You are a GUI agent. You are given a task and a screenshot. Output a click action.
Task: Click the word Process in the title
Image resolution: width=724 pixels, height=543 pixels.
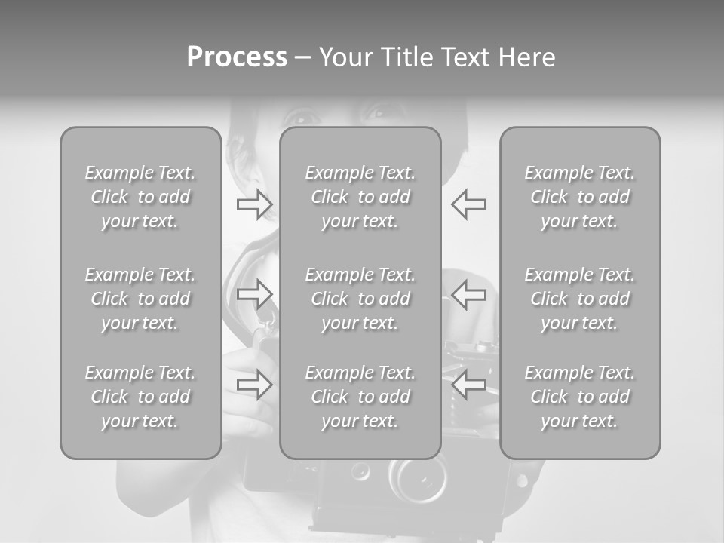(237, 57)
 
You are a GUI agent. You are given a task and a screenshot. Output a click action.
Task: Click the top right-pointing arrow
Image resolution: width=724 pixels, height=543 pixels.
(255, 204)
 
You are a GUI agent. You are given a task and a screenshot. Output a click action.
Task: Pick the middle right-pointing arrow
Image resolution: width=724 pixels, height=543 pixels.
(255, 294)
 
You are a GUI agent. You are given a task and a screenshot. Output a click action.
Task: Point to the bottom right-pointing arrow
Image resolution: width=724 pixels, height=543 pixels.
(255, 384)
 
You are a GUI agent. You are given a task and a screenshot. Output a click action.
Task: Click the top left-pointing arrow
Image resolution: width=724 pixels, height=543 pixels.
(468, 204)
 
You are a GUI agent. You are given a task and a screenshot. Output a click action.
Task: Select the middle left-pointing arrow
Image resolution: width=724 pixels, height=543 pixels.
(468, 294)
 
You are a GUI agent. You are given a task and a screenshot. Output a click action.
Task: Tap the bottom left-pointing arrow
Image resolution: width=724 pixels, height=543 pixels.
(468, 384)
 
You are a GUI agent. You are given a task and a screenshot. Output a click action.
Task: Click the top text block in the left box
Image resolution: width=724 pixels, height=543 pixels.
(140, 197)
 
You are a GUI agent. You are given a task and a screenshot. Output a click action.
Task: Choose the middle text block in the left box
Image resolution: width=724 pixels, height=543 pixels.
(140, 299)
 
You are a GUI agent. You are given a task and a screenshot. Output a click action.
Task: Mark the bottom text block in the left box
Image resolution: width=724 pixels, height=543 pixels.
(140, 396)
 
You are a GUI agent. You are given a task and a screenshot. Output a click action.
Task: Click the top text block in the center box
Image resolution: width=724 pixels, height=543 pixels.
(360, 197)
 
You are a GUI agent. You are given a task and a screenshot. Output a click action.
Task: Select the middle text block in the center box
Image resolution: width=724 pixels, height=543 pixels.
(360, 299)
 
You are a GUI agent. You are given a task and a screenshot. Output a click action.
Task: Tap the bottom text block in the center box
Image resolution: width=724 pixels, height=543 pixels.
(360, 396)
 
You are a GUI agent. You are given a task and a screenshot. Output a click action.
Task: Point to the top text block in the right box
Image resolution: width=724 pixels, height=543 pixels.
(580, 197)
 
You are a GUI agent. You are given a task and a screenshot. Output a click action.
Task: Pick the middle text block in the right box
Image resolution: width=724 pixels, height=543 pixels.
(580, 299)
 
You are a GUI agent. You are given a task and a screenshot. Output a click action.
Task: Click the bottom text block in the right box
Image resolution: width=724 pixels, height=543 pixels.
(580, 396)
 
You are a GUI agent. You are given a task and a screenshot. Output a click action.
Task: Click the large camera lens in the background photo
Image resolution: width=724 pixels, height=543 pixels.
(418, 478)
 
